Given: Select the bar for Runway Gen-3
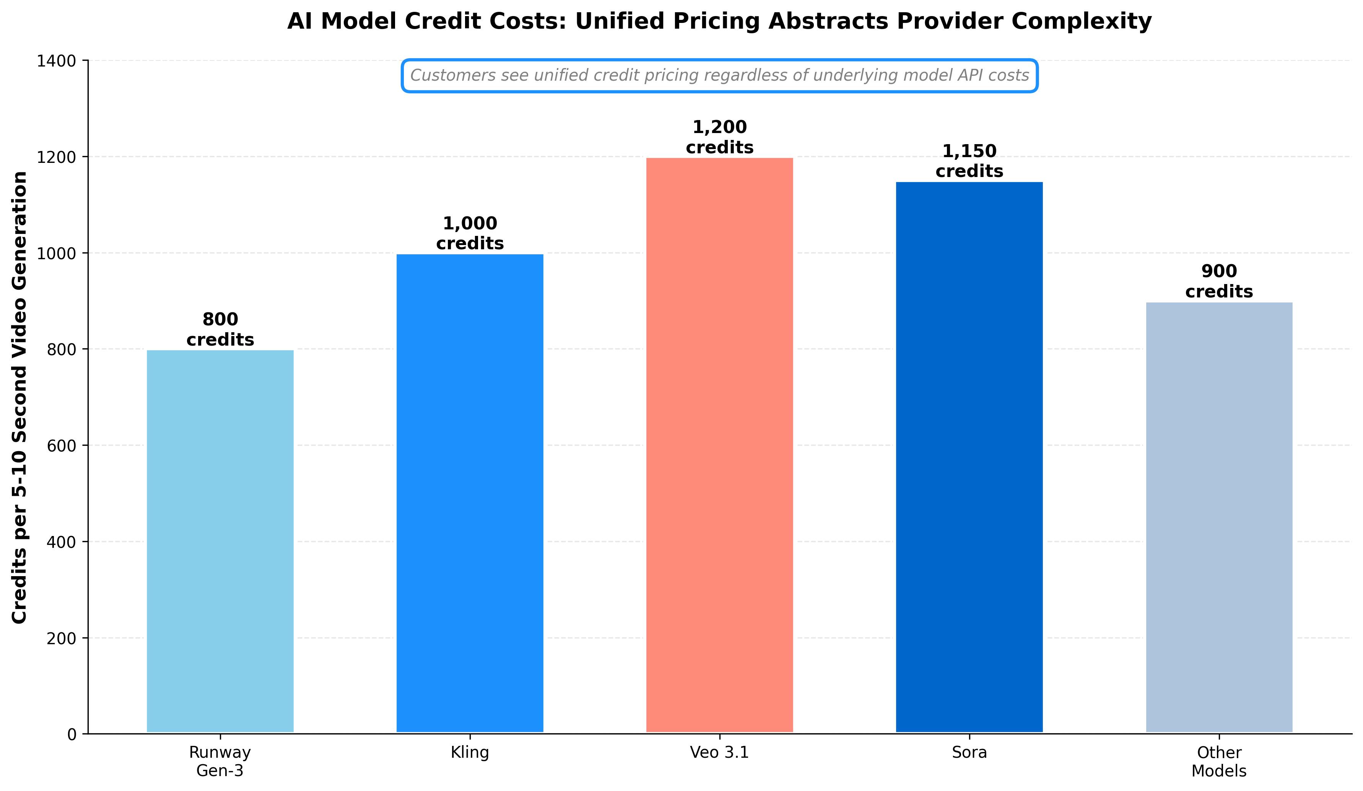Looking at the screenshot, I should coord(220,541).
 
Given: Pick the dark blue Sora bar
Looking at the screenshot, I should coord(969,457).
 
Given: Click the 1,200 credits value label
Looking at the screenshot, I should coord(719,137).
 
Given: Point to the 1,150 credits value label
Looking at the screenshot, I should coord(969,161).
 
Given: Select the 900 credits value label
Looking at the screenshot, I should coord(1219,281).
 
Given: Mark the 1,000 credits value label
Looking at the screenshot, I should coord(470,234).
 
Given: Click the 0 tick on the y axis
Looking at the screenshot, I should coord(72,735).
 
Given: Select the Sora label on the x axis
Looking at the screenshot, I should coord(969,753).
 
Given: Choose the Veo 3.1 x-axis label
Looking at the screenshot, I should coord(719,753).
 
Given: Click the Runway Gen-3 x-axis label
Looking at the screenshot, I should coord(220,761).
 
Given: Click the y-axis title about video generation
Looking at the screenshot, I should coord(20,397).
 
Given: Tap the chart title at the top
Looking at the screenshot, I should coord(719,22).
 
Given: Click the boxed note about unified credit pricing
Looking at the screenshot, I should coord(719,76).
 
